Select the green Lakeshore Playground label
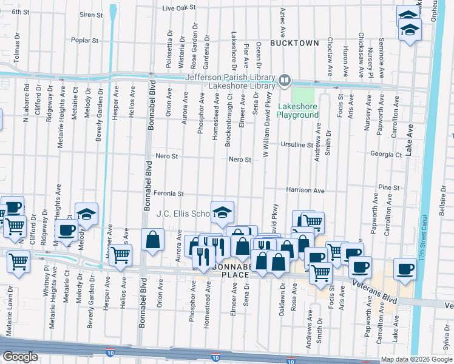pyautogui.click(x=298, y=110)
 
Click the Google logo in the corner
pyautogui.click(x=20, y=357)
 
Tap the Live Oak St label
pyautogui.click(x=179, y=8)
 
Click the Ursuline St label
pyautogui.click(x=297, y=145)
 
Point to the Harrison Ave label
pyautogui.click(x=305, y=190)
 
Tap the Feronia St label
pyautogui.click(x=168, y=194)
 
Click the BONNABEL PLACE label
pyautogui.click(x=230, y=271)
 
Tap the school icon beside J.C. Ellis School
pyautogui.click(x=222, y=212)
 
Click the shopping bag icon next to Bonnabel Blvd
pyautogui.click(x=152, y=239)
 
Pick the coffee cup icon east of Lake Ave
pyautogui.click(x=405, y=268)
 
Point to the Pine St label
pyautogui.click(x=388, y=188)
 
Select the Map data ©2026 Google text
pyautogui.click(x=416, y=359)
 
